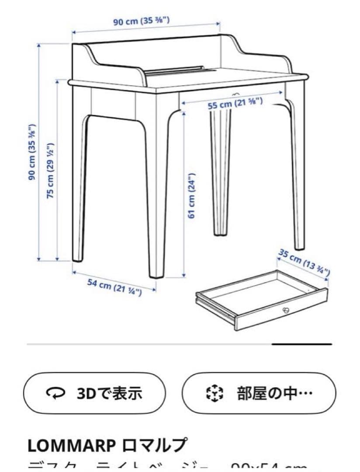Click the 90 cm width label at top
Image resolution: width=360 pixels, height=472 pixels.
point(142,21)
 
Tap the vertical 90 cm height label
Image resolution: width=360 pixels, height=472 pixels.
point(32,152)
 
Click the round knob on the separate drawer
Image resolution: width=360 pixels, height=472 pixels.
point(286,310)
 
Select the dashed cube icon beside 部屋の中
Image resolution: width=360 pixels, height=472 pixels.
point(214,393)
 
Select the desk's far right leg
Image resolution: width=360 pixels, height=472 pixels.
point(297,175)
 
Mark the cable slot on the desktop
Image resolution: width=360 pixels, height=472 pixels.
point(175,70)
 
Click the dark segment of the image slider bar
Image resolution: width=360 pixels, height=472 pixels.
point(301,344)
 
